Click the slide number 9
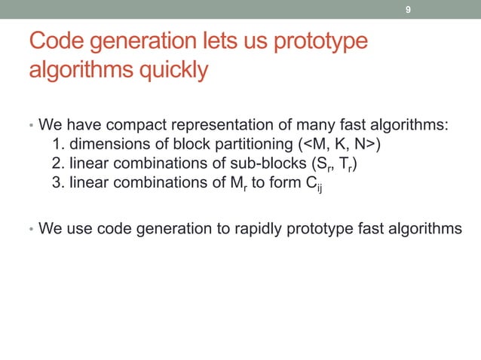click(408, 10)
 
